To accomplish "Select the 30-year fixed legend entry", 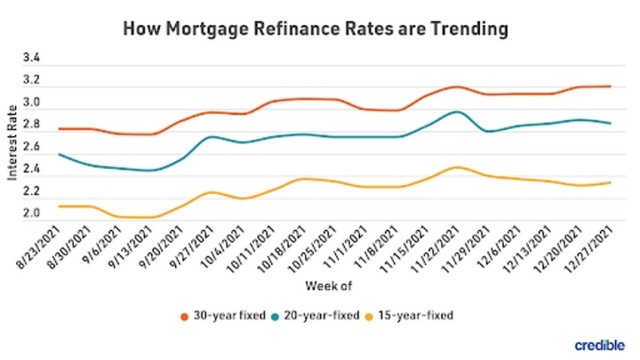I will [x=224, y=315].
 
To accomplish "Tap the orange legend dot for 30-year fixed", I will [x=184, y=316].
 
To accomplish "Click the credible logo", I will [x=599, y=345].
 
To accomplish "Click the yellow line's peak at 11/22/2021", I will [x=455, y=167].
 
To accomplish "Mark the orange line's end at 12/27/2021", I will [x=610, y=87].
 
